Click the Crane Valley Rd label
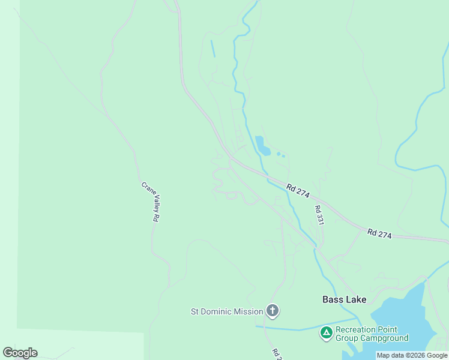[149, 202]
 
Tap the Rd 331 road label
[319, 215]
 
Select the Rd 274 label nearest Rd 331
[298, 191]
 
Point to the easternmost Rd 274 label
[379, 234]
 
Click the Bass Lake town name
[344, 299]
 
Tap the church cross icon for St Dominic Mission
[273, 311]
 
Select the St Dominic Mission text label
[227, 311]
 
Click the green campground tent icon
[326, 333]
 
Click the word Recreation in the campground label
[357, 329]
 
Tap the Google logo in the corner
[20, 353]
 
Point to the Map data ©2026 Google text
[412, 356]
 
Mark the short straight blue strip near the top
[213, 49]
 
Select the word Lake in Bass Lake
[355, 299]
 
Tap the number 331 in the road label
[320, 219]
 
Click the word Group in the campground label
[348, 338]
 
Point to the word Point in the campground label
[387, 329]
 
